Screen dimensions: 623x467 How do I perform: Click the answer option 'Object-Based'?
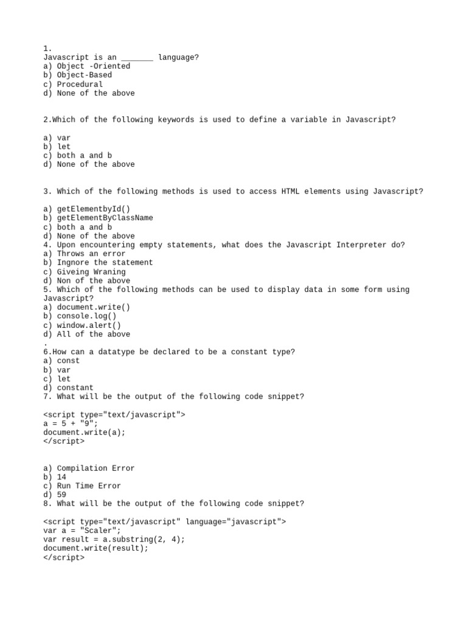coord(84,75)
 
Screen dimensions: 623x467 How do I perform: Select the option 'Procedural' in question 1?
coord(80,85)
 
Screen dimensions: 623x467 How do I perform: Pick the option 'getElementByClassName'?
coord(105,218)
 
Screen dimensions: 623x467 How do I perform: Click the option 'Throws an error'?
coord(91,254)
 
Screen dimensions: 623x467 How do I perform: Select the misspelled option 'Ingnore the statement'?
coord(105,263)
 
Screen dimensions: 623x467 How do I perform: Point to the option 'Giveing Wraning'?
coord(91,272)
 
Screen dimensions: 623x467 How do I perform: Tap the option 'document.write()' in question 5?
coord(94,307)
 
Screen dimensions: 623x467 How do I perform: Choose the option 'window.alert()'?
coord(89,325)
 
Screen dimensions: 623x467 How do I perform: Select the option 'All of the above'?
coord(93,334)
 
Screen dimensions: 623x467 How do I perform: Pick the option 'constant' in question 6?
coord(75,388)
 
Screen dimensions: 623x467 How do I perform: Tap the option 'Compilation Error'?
coord(95,468)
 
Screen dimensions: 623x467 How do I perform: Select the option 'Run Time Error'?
coord(89,486)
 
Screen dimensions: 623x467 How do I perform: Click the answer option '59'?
coord(61,495)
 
